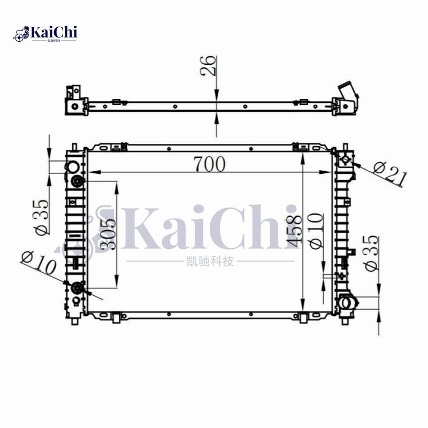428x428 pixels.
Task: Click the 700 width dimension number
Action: click(x=209, y=164)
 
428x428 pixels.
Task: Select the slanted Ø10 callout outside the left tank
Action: click(x=39, y=263)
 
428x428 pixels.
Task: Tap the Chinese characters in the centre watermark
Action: click(x=209, y=262)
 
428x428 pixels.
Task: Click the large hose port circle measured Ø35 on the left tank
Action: click(x=76, y=180)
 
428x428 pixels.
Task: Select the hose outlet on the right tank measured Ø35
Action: click(x=346, y=303)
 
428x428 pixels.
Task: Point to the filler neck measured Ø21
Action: click(x=345, y=159)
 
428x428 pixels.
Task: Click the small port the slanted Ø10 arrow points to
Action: click(x=77, y=289)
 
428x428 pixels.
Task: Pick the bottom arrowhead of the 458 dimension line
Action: click(x=303, y=303)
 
